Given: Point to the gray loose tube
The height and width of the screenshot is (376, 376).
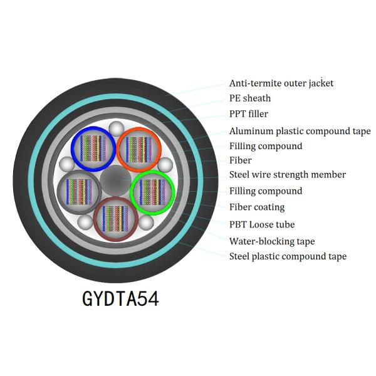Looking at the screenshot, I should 78,189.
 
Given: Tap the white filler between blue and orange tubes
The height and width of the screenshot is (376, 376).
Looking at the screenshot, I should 115,129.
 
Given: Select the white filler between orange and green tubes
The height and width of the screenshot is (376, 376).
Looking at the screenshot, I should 165,165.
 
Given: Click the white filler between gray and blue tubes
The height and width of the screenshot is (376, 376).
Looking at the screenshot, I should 66,164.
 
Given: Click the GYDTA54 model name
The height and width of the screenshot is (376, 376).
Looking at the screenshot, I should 120,298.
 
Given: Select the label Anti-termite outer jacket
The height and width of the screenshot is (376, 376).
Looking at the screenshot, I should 281,83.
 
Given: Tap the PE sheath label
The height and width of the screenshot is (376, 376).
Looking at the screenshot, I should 250,98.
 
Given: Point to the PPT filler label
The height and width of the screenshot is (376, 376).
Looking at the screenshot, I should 248,114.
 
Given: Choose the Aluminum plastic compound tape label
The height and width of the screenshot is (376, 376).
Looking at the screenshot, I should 300,131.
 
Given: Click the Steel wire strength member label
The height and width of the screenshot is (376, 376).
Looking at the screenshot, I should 288,175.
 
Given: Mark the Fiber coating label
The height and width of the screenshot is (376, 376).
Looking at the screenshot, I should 257,207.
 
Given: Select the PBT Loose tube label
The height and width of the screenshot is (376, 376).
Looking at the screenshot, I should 262,224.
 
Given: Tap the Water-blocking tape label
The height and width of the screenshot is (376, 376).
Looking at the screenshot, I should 272,241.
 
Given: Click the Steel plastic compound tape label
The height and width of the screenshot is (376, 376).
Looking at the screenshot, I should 288,256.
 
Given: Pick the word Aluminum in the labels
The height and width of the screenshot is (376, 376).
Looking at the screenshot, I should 251,131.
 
